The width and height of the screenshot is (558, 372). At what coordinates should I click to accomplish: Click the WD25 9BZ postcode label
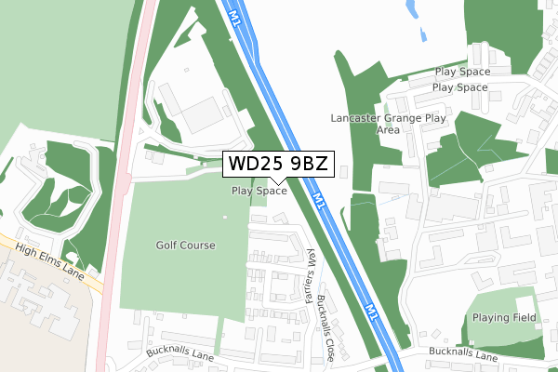(x=276, y=165)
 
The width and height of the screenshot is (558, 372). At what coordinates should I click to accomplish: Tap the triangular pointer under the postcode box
(x=276, y=180)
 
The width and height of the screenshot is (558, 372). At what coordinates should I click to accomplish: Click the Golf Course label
(x=185, y=246)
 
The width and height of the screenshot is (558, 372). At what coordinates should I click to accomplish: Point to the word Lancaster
(x=356, y=119)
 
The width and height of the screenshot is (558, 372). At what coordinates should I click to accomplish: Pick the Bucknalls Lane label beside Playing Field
(x=461, y=354)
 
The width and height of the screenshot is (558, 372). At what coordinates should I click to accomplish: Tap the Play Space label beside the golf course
(x=259, y=191)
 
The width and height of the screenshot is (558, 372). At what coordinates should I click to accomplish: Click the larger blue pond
(x=412, y=12)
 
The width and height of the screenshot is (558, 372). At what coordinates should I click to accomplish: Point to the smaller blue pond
(x=424, y=35)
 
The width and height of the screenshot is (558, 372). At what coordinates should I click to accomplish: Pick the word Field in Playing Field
(x=524, y=317)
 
